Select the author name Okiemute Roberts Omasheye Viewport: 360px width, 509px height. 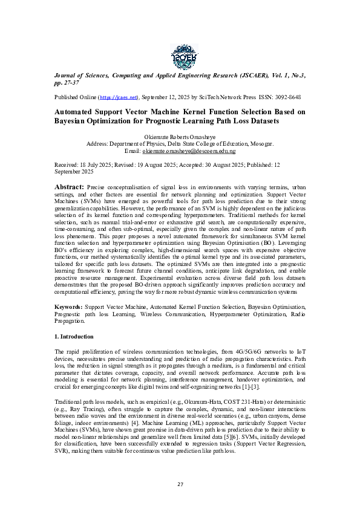[180, 137]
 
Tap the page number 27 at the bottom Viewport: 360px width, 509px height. [180, 484]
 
